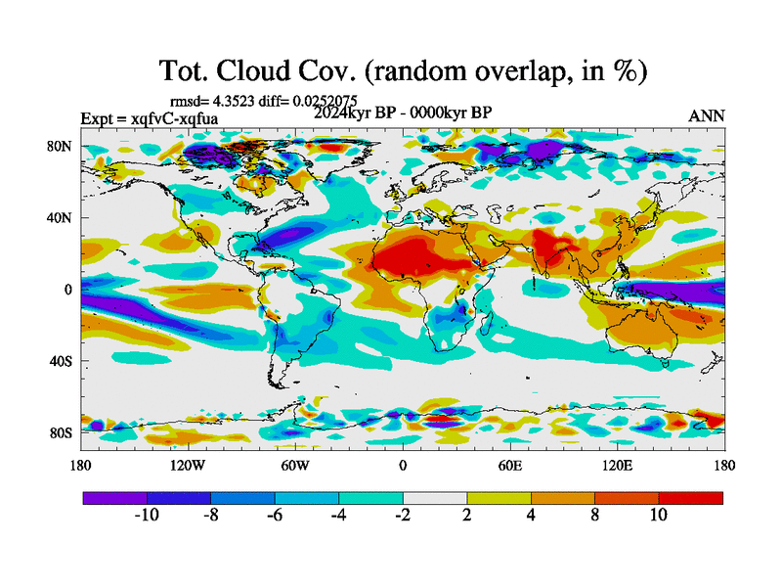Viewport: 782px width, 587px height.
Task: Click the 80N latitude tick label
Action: pos(60,147)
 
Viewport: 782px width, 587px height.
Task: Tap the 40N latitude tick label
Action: pos(60,218)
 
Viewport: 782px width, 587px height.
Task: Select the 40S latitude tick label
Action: pos(60,361)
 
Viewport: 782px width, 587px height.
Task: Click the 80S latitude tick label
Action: pos(60,432)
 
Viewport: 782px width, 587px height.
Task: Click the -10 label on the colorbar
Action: pos(147,516)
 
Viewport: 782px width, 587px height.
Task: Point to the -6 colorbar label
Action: pos(275,516)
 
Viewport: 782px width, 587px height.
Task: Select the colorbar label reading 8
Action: pos(595,516)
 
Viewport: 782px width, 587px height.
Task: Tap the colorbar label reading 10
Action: pos(659,516)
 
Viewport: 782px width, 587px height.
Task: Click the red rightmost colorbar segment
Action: pos(691,498)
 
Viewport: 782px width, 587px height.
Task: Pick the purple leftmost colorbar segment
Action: pos(114,498)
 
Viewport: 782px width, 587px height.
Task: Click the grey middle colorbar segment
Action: pos(435,498)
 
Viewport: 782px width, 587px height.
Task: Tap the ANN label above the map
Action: pos(706,115)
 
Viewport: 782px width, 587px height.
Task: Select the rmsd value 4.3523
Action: pos(233,101)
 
